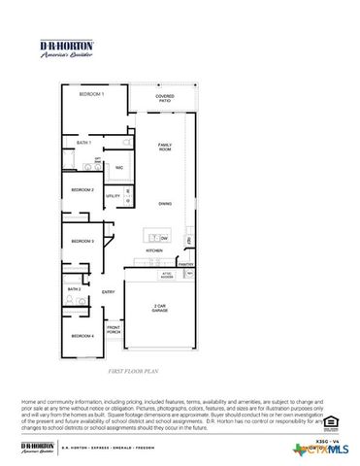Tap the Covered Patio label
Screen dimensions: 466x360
pyautogui.click(x=165, y=98)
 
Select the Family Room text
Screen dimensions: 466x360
pyautogui.click(x=165, y=147)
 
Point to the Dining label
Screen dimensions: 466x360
pyautogui.click(x=165, y=203)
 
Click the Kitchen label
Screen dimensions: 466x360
pyautogui.click(x=154, y=250)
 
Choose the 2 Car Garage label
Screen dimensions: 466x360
pyautogui.click(x=160, y=308)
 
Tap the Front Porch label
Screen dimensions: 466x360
pyautogui.click(x=114, y=330)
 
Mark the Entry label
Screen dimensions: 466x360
pyautogui.click(x=108, y=292)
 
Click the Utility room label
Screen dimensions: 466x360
pyautogui.click(x=113, y=196)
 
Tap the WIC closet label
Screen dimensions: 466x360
pyautogui.click(x=118, y=168)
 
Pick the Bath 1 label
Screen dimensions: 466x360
pyautogui.click(x=83, y=143)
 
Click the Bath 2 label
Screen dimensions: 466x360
pyautogui.click(x=74, y=289)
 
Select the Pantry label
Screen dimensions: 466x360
pyautogui.click(x=185, y=264)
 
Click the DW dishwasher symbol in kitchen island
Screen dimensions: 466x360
pyautogui.click(x=165, y=237)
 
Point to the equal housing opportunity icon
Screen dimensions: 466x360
pyautogui.click(x=330, y=420)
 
